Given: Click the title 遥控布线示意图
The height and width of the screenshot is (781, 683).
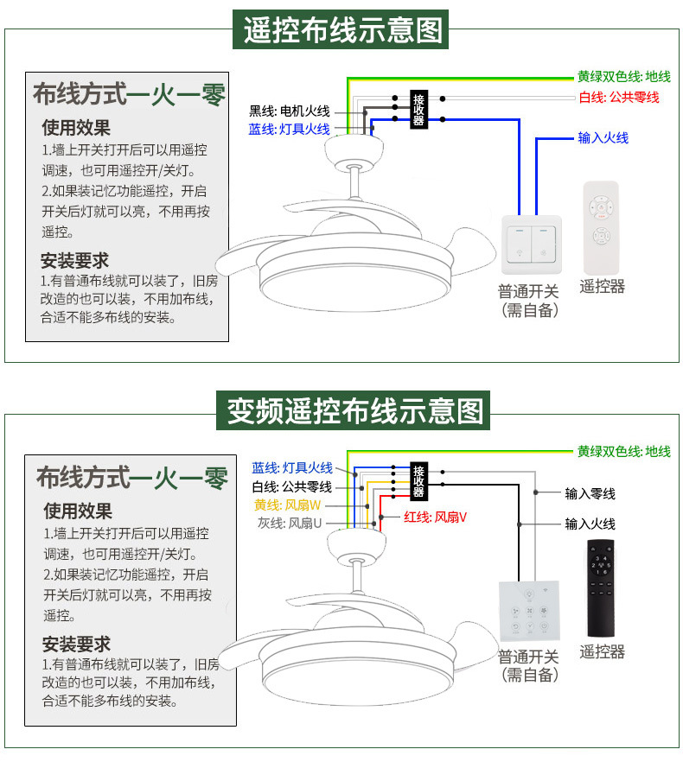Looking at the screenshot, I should pyautogui.click(x=341, y=30).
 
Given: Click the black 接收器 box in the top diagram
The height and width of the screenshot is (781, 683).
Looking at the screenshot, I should pyautogui.click(x=419, y=110).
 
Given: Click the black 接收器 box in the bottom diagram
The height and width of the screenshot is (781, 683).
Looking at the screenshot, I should pyautogui.click(x=418, y=481).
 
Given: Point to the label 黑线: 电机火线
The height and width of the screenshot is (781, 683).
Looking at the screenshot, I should pyautogui.click(x=290, y=111).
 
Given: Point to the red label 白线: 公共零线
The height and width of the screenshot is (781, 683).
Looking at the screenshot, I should pyautogui.click(x=618, y=98).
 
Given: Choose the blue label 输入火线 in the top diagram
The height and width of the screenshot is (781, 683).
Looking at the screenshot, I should pyautogui.click(x=603, y=138).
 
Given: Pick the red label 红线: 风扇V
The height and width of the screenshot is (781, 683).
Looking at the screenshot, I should pyautogui.click(x=435, y=517).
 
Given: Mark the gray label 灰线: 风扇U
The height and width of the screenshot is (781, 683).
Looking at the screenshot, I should pyautogui.click(x=289, y=524).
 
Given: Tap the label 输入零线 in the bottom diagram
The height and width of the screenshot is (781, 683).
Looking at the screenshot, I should pyautogui.click(x=590, y=493).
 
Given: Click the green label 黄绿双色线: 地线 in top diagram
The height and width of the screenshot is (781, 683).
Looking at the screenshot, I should pyautogui.click(x=623, y=77).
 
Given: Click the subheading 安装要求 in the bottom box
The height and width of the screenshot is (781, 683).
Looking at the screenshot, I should pyautogui.click(x=77, y=644).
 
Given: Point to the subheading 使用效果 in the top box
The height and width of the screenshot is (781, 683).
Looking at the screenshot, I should pyautogui.click(x=76, y=128).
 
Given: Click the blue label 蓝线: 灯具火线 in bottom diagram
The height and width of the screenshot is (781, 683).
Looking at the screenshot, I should pyautogui.click(x=292, y=467).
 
